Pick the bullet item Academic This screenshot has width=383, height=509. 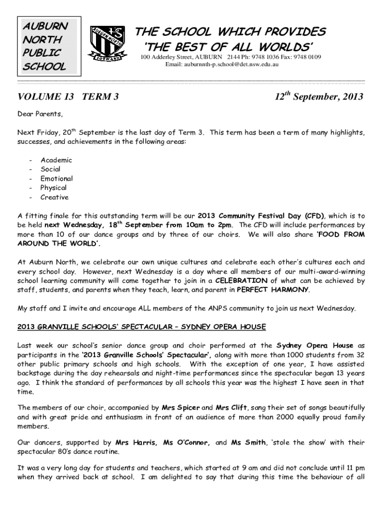tap(56, 160)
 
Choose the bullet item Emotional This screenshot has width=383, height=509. tap(57, 178)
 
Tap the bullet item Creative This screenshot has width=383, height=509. tap(55, 197)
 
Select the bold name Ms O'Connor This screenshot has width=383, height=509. tap(186, 442)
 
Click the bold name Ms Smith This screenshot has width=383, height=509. tap(248, 442)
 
